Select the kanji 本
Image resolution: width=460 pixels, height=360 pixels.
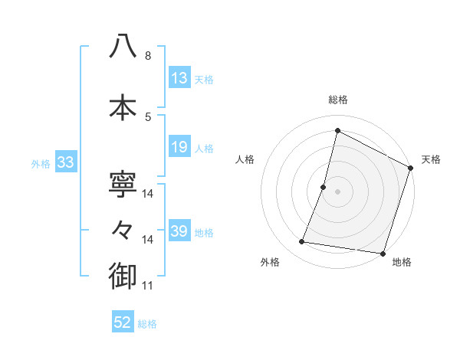(123, 107)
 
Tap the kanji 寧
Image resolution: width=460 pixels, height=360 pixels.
(123, 185)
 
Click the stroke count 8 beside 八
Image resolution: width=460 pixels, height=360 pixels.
(147, 56)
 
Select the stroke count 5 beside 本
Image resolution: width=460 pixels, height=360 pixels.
(147, 116)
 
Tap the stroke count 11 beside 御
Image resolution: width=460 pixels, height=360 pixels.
(147, 286)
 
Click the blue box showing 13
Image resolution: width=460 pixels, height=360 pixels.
(179, 78)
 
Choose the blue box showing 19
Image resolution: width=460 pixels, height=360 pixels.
(179, 147)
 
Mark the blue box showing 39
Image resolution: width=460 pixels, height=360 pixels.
(179, 231)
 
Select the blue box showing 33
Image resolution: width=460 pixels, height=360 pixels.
(64, 162)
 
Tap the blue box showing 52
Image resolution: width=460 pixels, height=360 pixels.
(122, 322)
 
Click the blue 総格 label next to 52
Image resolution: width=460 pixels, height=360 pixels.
(147, 324)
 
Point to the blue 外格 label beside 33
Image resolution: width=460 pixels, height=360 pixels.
(41, 163)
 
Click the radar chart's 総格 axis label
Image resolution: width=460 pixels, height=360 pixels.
(337, 100)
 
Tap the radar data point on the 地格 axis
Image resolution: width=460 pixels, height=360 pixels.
(382, 253)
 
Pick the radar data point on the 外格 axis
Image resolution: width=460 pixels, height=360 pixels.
(302, 242)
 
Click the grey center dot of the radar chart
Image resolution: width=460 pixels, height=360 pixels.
(337, 191)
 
